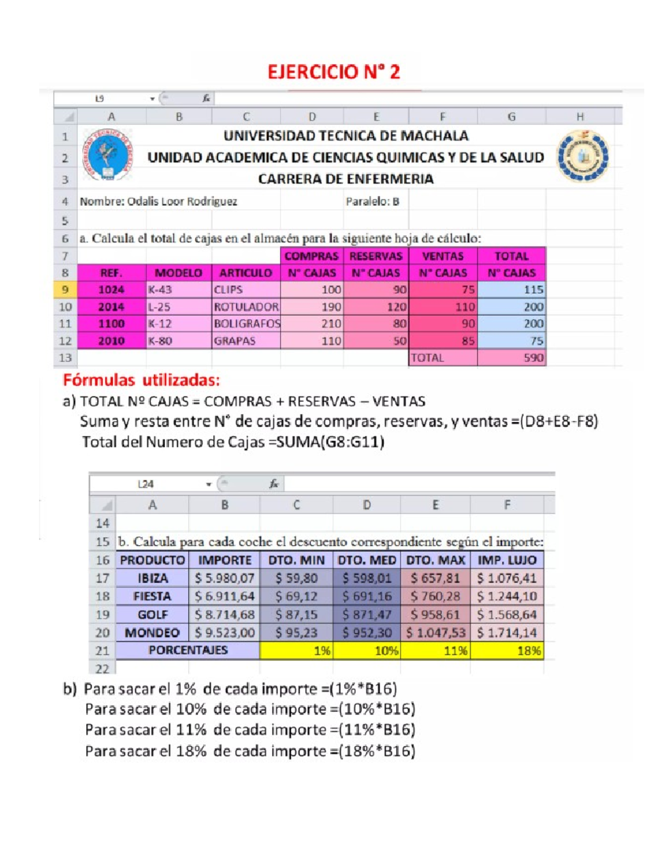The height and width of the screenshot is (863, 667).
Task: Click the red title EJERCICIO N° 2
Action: coord(333,72)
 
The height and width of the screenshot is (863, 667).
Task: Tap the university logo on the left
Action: coord(107,156)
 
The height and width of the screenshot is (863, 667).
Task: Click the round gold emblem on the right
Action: coord(583,157)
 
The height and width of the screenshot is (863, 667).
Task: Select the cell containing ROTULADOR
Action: coord(246,307)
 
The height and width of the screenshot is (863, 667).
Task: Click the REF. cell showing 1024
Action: coord(111,290)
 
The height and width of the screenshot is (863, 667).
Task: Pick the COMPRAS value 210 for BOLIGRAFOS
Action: coord(312,324)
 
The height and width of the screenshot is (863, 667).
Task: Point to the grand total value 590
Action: coord(511,358)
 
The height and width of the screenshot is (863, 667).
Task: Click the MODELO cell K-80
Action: coord(178,341)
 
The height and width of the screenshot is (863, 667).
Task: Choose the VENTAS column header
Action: coord(442,256)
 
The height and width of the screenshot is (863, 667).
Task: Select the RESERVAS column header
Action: coord(376,256)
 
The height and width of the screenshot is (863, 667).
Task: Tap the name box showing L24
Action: coord(146,484)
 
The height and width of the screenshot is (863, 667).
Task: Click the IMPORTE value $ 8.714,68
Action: coord(225,615)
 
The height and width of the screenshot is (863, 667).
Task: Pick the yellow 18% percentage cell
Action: coord(507,651)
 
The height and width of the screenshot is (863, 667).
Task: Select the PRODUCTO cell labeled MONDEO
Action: coord(152,633)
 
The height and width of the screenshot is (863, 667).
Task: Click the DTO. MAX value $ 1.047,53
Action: coord(435,633)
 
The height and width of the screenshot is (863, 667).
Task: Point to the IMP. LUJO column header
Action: coord(507,560)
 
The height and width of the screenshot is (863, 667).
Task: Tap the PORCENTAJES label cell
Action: coord(188,650)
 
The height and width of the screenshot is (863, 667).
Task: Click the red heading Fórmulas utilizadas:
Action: coord(141,381)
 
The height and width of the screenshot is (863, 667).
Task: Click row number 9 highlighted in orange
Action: coord(65,290)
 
